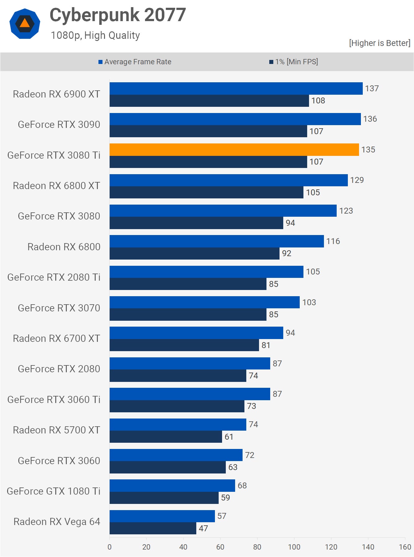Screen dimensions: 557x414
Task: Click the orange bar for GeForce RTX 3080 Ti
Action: click(x=234, y=150)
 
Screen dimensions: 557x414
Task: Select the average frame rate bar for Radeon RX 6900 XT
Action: click(x=236, y=88)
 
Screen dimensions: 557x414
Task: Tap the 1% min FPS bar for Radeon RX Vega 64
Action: click(x=153, y=528)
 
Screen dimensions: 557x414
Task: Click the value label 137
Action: click(x=372, y=88)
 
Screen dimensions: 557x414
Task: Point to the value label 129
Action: click(x=357, y=180)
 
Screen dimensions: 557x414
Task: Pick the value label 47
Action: click(x=203, y=528)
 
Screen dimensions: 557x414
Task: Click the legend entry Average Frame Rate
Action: click(x=138, y=62)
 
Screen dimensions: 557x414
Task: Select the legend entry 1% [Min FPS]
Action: click(x=296, y=62)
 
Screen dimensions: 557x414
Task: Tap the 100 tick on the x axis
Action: click(x=294, y=547)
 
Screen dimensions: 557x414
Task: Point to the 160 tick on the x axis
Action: click(x=405, y=547)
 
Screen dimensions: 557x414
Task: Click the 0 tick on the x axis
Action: click(x=109, y=547)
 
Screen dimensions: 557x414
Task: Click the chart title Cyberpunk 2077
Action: click(x=118, y=15)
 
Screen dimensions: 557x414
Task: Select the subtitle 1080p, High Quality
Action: click(x=95, y=35)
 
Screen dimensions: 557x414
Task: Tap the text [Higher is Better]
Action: click(x=380, y=43)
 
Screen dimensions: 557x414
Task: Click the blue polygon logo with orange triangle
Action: click(x=25, y=24)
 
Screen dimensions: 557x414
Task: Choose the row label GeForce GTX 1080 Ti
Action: click(x=53, y=491)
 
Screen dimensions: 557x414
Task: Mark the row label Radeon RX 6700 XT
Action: click(x=56, y=338)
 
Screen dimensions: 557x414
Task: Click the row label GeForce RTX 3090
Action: click(x=59, y=125)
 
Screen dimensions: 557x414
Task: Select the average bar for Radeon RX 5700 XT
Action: click(x=178, y=424)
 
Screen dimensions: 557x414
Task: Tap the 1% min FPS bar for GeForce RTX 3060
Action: click(x=167, y=467)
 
